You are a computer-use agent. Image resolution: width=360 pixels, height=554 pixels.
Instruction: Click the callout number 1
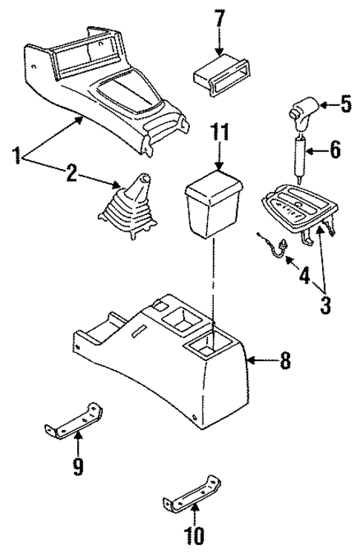click(x=16, y=156)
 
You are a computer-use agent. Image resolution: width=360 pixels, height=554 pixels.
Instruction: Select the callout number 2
click(x=71, y=175)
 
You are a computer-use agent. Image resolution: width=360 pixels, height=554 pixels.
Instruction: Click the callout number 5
click(x=345, y=104)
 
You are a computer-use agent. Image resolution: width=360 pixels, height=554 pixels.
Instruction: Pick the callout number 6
click(x=335, y=151)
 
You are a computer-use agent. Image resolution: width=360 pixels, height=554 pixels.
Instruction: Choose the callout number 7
click(x=218, y=17)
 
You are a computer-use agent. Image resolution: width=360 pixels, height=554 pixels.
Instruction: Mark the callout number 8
click(x=285, y=362)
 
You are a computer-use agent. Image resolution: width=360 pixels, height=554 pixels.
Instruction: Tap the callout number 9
click(x=78, y=466)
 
